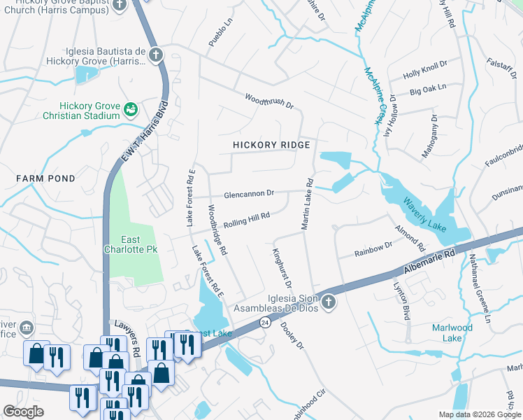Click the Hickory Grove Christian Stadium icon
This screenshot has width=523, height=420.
[130, 109]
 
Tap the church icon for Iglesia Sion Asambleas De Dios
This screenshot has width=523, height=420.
[329, 302]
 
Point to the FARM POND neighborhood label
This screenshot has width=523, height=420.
[45, 178]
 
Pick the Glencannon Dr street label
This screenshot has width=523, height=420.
[249, 194]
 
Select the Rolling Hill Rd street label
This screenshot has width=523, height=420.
[246, 219]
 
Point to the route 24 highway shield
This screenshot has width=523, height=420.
[264, 322]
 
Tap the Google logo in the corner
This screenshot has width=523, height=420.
[23, 412]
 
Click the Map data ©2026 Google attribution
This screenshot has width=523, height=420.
[479, 414]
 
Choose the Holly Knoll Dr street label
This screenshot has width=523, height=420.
[424, 75]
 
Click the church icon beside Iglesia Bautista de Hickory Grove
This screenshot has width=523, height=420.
[155, 55]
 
